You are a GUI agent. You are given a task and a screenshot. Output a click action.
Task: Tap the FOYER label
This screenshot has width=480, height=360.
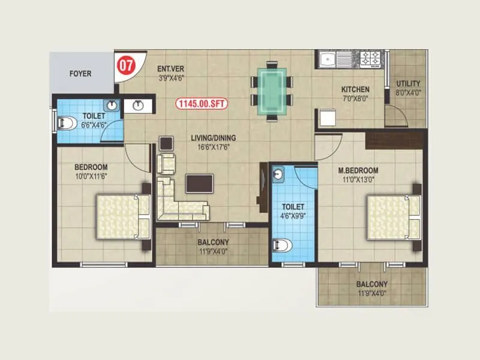point(80,74)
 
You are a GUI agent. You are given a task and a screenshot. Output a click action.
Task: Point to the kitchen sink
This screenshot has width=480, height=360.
point(328,59)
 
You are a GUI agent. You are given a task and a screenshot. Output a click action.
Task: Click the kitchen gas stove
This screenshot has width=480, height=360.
point(370,58)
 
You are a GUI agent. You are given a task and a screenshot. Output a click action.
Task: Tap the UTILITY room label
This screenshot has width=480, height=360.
point(408,83)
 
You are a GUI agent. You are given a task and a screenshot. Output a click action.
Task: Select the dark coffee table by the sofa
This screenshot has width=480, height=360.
point(199,183)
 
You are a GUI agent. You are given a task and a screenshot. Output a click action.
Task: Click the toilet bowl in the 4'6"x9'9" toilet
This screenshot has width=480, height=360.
point(283,245)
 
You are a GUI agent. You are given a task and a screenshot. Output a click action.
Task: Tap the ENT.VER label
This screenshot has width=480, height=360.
point(170,68)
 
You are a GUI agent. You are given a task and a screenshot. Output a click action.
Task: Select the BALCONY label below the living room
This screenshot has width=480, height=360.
point(212,242)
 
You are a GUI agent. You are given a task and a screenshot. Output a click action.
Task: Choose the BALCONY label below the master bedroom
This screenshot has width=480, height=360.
point(371,284)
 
